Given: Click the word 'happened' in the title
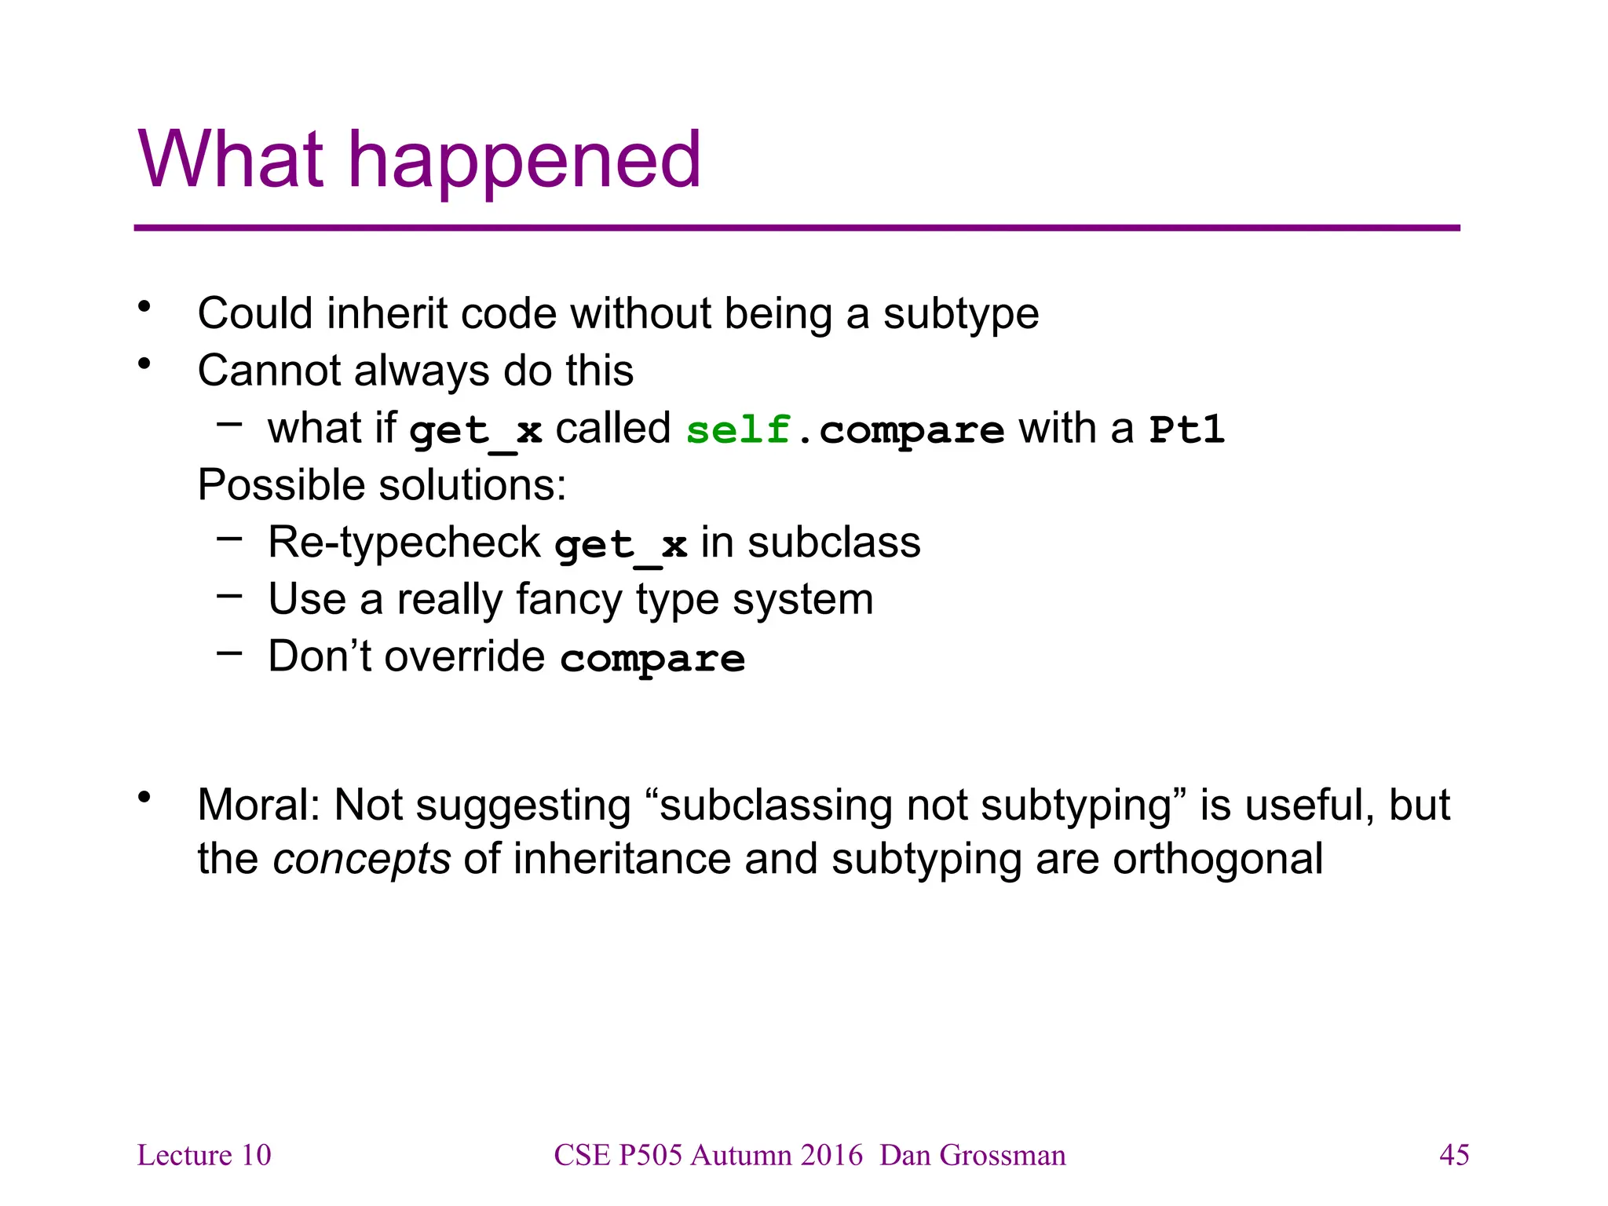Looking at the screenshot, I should point(524,161).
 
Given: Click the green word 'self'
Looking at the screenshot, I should point(737,429).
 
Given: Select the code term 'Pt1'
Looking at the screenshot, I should point(1186,429).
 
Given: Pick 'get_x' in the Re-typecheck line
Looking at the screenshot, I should point(620,545).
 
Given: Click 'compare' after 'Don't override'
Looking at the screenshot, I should point(652,658).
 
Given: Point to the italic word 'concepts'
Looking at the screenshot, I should point(361,859).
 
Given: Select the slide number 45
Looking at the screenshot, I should point(1453,1155).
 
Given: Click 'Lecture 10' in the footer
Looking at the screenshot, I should point(204,1155).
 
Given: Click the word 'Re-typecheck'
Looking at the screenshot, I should point(404,543).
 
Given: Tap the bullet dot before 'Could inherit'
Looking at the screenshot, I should point(144,307).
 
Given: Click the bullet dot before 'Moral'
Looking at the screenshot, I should point(144,799).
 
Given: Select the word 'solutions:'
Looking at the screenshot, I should point(477,485).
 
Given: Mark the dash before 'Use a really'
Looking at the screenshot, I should point(229,595).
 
